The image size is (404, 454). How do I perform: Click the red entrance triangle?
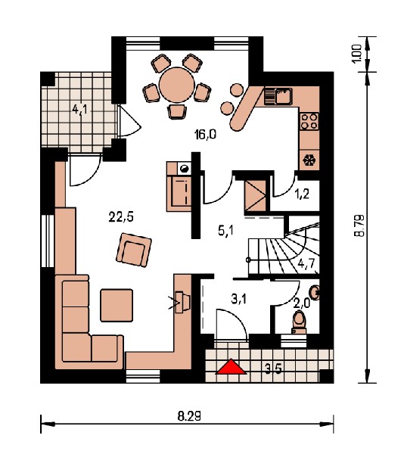(232, 367)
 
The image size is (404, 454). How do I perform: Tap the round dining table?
(176, 85)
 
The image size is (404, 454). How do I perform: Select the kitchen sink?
(278, 96)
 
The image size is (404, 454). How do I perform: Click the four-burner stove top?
(309, 121)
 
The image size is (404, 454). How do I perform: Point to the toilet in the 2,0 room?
(300, 322)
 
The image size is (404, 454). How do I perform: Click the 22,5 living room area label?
(121, 217)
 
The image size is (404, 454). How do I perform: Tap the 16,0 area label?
(205, 135)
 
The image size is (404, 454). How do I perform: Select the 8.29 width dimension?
(189, 417)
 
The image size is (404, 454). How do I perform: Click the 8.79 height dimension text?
(360, 225)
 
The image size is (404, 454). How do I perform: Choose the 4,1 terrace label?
(81, 110)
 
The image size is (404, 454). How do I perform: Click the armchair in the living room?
(134, 250)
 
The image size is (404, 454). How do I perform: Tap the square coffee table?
(117, 305)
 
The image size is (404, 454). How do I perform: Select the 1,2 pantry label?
(303, 194)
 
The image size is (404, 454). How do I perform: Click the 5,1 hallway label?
(225, 231)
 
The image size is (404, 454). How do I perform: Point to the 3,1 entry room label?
(239, 299)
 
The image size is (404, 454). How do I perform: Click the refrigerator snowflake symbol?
(309, 160)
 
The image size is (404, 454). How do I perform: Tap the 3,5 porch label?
(273, 368)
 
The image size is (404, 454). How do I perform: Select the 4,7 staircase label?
(306, 264)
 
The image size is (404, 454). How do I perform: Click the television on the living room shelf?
(183, 302)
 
